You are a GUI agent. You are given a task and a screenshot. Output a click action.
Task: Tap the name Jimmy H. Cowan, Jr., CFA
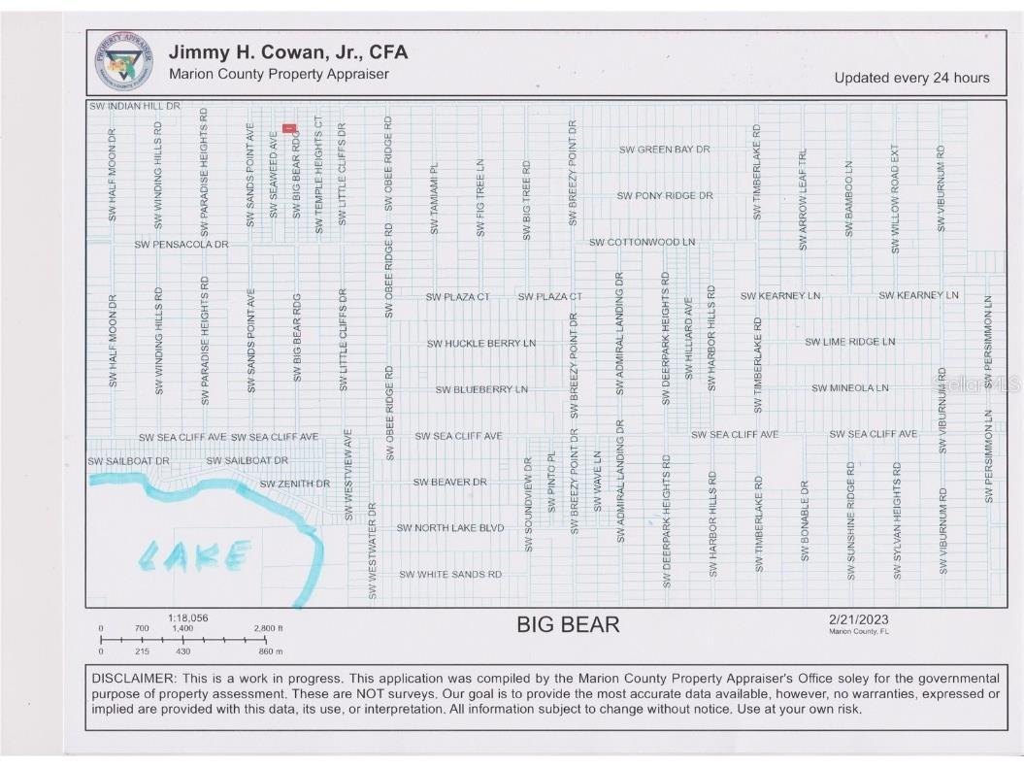[x=288, y=52]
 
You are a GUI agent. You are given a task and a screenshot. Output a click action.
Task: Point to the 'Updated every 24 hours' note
[x=911, y=78]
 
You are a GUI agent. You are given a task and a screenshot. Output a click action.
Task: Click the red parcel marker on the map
[x=288, y=128]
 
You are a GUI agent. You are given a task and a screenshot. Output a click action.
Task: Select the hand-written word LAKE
[x=194, y=556]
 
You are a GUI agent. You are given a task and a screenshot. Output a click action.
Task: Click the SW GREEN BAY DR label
[x=665, y=150]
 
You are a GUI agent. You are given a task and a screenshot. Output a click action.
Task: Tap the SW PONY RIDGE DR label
[x=665, y=195]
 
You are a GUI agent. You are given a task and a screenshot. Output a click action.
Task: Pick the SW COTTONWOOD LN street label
[x=643, y=241]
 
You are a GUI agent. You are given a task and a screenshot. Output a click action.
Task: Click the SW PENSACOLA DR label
[x=182, y=244]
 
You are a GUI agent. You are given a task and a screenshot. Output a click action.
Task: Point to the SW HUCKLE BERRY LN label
[x=481, y=343]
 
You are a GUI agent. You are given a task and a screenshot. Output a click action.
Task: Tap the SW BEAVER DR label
[x=449, y=482]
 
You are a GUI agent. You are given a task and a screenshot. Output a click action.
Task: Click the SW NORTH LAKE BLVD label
[x=450, y=527]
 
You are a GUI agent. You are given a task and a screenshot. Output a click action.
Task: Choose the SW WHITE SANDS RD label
[x=450, y=574]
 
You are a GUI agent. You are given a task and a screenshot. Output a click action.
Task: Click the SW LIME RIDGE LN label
[x=849, y=342]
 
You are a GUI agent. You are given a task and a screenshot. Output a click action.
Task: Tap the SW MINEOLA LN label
[x=849, y=388]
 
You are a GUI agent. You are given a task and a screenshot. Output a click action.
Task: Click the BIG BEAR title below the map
[x=568, y=624]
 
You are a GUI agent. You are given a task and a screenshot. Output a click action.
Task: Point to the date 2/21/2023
[x=858, y=619]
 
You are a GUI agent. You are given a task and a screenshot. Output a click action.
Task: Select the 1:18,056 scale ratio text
[x=188, y=618]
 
